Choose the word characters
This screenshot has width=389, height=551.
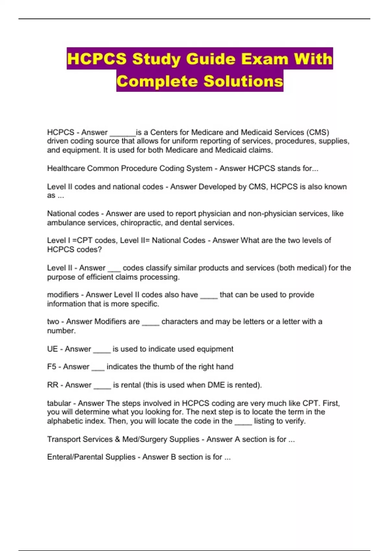pyautogui.click(x=180, y=322)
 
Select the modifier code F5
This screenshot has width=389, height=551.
pyautogui.click(x=52, y=367)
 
